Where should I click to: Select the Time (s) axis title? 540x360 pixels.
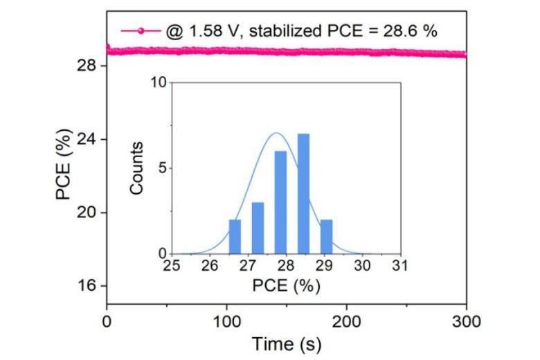pyautogui.click(x=286, y=343)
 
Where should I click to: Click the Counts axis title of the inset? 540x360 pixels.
pyautogui.click(x=138, y=168)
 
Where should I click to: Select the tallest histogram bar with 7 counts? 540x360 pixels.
pyautogui.click(x=303, y=194)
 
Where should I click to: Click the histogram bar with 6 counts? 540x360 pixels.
pyautogui.click(x=280, y=203)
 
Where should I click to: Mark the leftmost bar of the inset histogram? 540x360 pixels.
pyautogui.click(x=235, y=237)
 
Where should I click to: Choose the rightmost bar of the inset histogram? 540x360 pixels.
pyautogui.click(x=326, y=237)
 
